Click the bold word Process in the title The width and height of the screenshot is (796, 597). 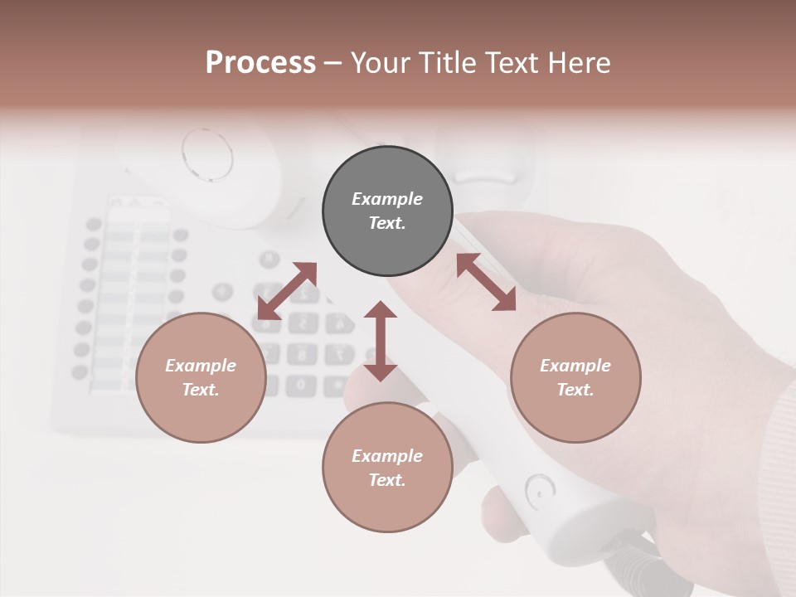pos(260,62)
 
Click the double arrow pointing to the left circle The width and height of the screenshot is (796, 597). pos(287,291)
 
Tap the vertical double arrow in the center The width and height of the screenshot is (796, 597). pos(381,342)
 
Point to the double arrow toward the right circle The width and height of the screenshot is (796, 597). pos(486,282)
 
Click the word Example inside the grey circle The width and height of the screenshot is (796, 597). pos(387,199)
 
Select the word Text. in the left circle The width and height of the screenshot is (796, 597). pos(201,390)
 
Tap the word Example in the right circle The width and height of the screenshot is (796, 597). pos(575,366)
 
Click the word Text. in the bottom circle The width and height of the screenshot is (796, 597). pos(387,480)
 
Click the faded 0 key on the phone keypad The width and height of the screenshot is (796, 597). pos(301,385)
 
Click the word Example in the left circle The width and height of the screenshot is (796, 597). pos(201,366)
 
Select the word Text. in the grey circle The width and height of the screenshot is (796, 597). pos(387,223)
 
